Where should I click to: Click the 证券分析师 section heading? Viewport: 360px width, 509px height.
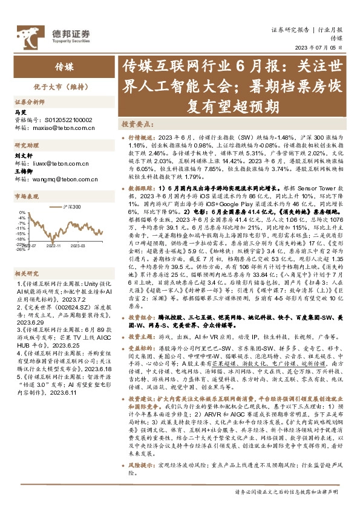[29, 103]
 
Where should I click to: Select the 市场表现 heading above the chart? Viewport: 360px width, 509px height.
[25, 197]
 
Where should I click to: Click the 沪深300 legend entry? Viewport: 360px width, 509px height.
[72, 207]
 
